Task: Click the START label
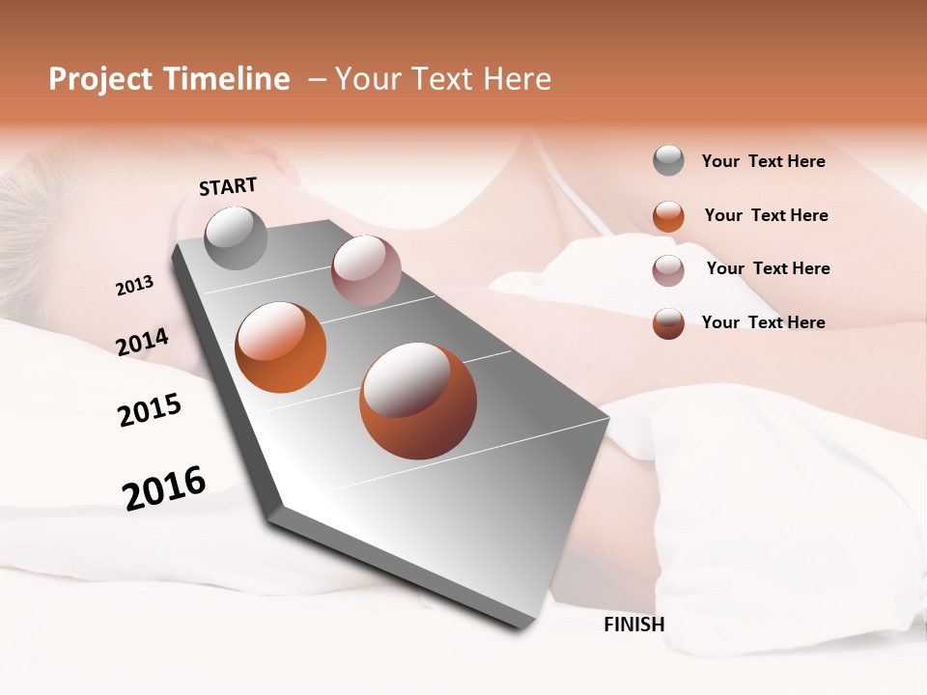point(228,186)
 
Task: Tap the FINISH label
point(633,625)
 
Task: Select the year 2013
point(134,286)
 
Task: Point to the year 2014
point(142,342)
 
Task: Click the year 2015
point(150,410)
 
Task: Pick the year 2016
point(164,487)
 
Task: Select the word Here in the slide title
point(517,79)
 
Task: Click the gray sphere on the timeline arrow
point(236,237)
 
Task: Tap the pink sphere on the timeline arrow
point(365,270)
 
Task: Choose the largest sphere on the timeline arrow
point(418,401)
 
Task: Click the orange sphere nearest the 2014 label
point(280,347)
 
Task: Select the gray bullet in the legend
point(668,160)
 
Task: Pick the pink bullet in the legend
point(668,270)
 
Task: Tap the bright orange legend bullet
point(668,216)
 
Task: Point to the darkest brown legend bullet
point(668,323)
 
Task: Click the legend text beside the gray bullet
point(763,161)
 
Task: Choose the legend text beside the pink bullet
point(768,268)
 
